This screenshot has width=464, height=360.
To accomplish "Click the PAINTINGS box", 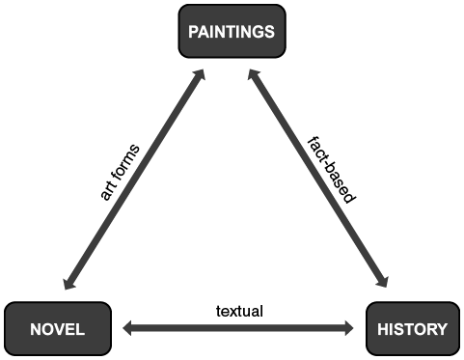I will (x=232, y=32).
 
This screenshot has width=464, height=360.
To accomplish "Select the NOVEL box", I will (x=59, y=329).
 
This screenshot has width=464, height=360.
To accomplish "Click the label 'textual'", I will (x=239, y=311).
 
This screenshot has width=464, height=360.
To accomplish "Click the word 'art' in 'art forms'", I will (x=110, y=185).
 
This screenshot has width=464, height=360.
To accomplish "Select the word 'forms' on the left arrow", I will (x=126, y=161).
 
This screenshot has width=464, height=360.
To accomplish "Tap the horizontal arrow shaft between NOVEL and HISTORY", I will (x=238, y=329).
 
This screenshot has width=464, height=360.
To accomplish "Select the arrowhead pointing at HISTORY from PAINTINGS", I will (x=383, y=283).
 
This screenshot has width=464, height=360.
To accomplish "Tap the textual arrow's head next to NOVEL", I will (x=128, y=329).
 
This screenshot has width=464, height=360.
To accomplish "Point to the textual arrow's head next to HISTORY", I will (x=348, y=329).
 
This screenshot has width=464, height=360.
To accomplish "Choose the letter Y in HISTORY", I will (x=442, y=329).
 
